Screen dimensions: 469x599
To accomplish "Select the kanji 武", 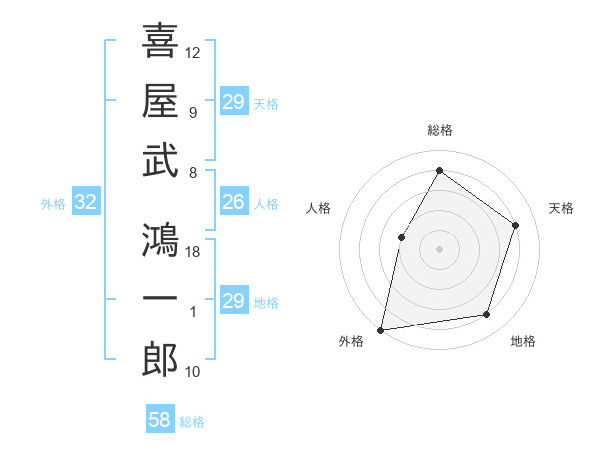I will click(x=160, y=160).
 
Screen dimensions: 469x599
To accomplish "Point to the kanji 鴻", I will click(x=160, y=238).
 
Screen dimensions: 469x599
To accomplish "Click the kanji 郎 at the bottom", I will click(x=160, y=360).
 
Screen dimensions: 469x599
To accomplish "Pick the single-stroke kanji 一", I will click(x=160, y=300).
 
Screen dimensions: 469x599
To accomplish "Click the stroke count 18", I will click(x=193, y=252).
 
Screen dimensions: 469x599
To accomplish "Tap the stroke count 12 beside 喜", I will click(x=193, y=52).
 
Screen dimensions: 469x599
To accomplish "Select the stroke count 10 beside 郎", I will click(x=193, y=372).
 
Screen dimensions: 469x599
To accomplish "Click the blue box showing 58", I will click(x=160, y=420).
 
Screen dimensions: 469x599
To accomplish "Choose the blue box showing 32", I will click(x=85, y=203).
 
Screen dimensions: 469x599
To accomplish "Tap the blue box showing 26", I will click(x=233, y=203).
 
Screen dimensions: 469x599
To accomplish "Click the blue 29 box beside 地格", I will click(x=233, y=302).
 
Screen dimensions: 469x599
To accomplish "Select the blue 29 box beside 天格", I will click(x=233, y=102).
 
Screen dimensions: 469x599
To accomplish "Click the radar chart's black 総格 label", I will click(x=440, y=130).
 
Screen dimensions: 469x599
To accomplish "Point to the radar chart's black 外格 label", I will click(x=351, y=342).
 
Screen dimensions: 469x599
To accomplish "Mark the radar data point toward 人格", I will click(x=402, y=237).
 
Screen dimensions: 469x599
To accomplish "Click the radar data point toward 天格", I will click(x=516, y=225).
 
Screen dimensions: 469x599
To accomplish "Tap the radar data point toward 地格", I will click(x=487, y=315).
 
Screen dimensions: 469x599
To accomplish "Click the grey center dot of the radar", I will click(x=439, y=248).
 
